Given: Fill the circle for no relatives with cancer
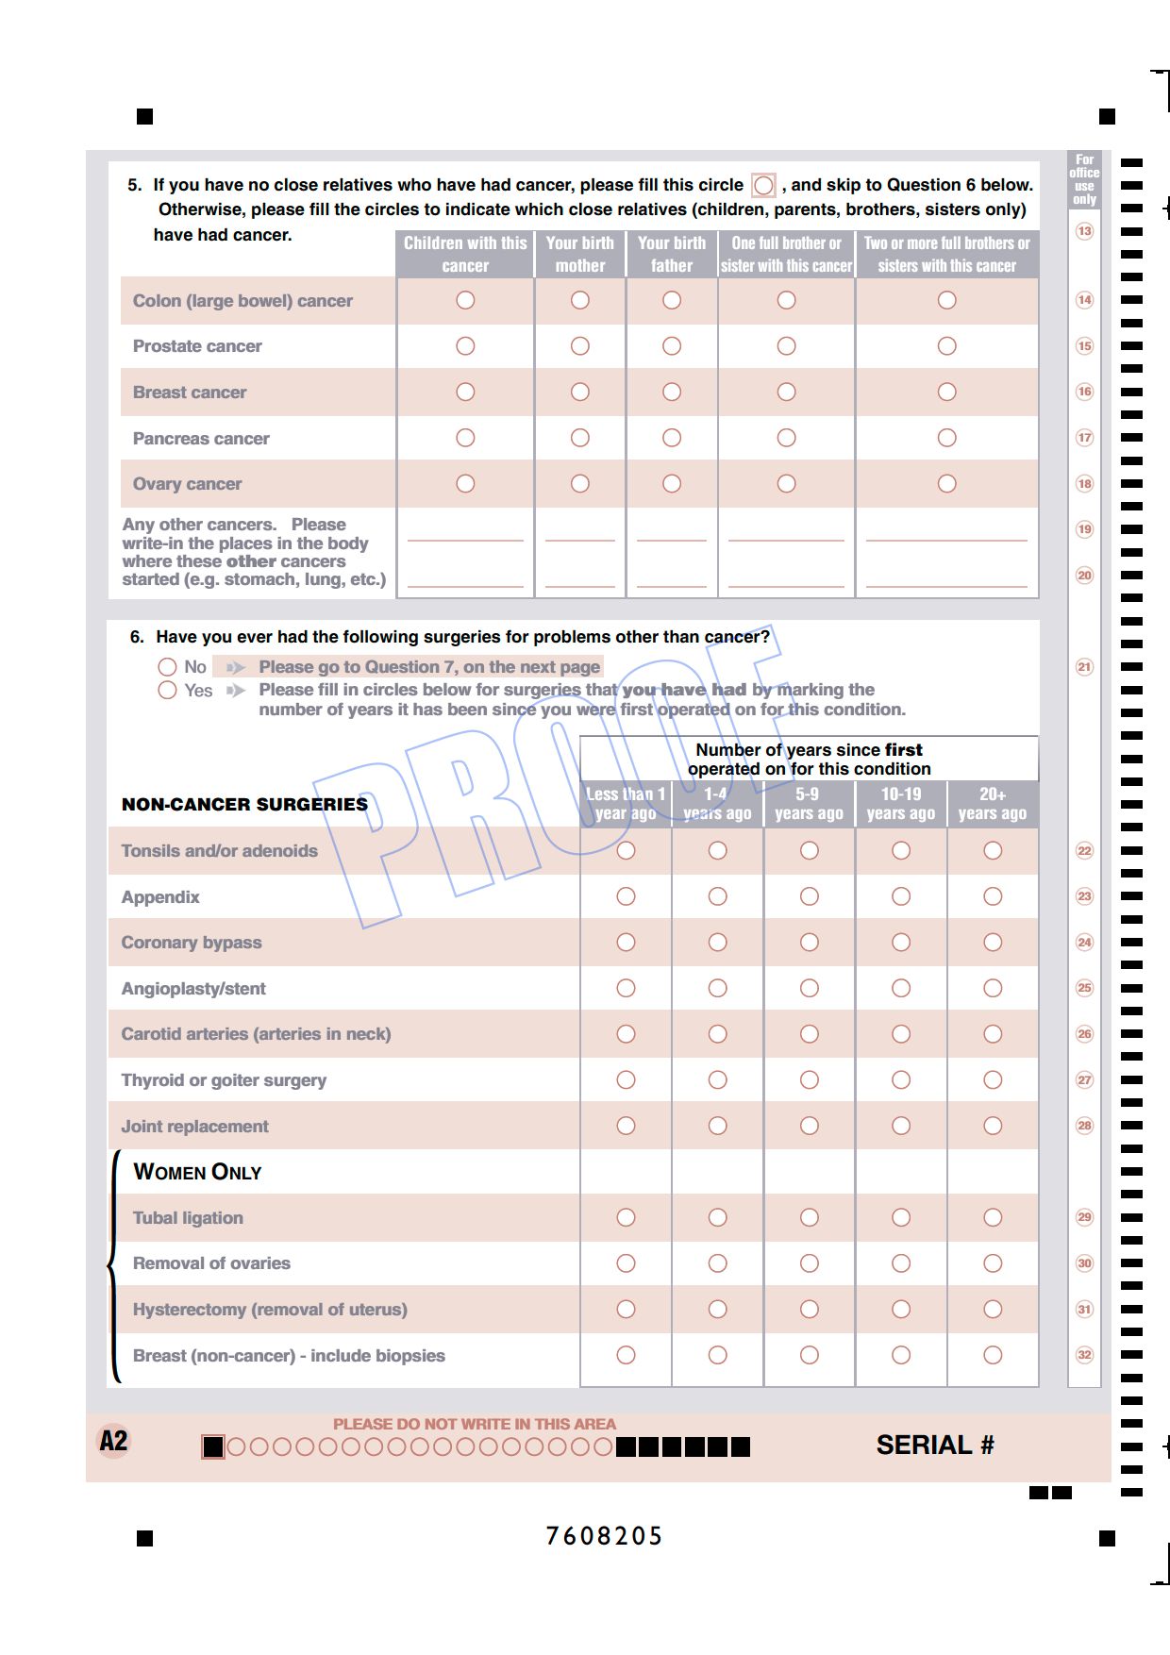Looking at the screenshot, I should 763,185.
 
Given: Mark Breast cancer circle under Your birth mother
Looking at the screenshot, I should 580,392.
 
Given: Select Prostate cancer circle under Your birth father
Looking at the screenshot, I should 672,346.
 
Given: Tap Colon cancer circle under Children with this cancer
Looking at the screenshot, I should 465,300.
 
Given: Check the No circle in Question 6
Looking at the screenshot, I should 168,667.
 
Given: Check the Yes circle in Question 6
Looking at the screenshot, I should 168,691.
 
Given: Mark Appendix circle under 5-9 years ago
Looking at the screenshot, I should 810,896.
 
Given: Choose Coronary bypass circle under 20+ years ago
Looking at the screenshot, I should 993,943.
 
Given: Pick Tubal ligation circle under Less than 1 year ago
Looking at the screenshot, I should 626,1218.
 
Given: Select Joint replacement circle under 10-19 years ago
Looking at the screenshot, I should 901,1126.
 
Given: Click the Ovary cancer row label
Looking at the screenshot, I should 187,484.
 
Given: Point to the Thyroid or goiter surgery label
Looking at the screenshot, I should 224,1080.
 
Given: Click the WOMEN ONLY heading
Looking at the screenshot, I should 197,1172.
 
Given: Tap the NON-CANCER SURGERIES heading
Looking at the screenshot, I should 244,805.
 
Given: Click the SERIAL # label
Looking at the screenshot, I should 935,1446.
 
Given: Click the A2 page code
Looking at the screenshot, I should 113,1442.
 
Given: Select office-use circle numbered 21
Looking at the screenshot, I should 1085,667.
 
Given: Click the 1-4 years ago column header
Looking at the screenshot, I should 717,804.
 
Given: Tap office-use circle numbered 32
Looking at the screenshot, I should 1085,1355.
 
